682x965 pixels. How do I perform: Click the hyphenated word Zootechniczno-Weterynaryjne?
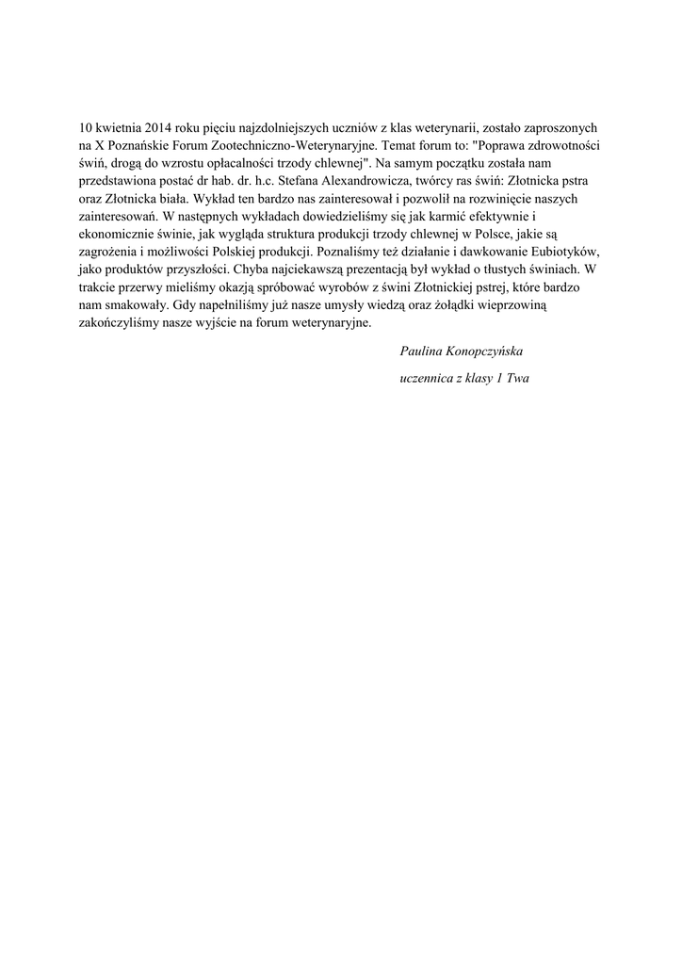coord(308,146)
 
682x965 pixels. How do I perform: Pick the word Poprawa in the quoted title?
coord(509,146)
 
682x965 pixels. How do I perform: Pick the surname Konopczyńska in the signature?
coord(483,351)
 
